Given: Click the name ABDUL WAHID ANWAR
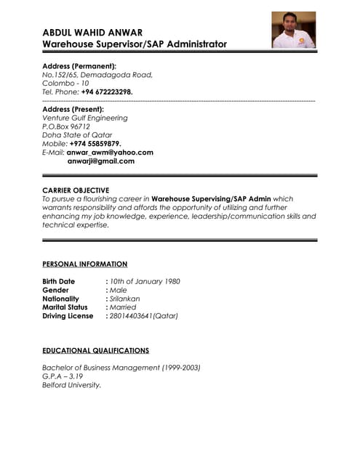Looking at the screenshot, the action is (x=92, y=32).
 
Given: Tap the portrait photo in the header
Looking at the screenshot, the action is (x=293, y=31).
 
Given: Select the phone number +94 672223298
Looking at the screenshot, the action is (x=107, y=92).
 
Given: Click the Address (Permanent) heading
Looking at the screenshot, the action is (x=79, y=66).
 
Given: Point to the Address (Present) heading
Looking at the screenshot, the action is (x=73, y=109).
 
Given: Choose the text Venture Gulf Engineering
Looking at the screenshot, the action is (x=84, y=118).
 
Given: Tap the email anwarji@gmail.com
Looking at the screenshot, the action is (x=101, y=161).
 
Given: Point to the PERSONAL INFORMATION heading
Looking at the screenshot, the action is (x=84, y=264).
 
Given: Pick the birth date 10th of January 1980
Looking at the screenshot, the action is (x=145, y=281).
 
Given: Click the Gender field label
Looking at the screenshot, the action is (x=56, y=290).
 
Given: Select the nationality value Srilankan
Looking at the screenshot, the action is (x=124, y=299).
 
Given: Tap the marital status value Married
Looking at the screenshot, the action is (x=123, y=307).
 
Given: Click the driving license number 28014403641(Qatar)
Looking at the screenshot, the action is (x=144, y=316).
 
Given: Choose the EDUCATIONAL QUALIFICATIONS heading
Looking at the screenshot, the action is (x=95, y=350).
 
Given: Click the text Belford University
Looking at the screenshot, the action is (x=71, y=385).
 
